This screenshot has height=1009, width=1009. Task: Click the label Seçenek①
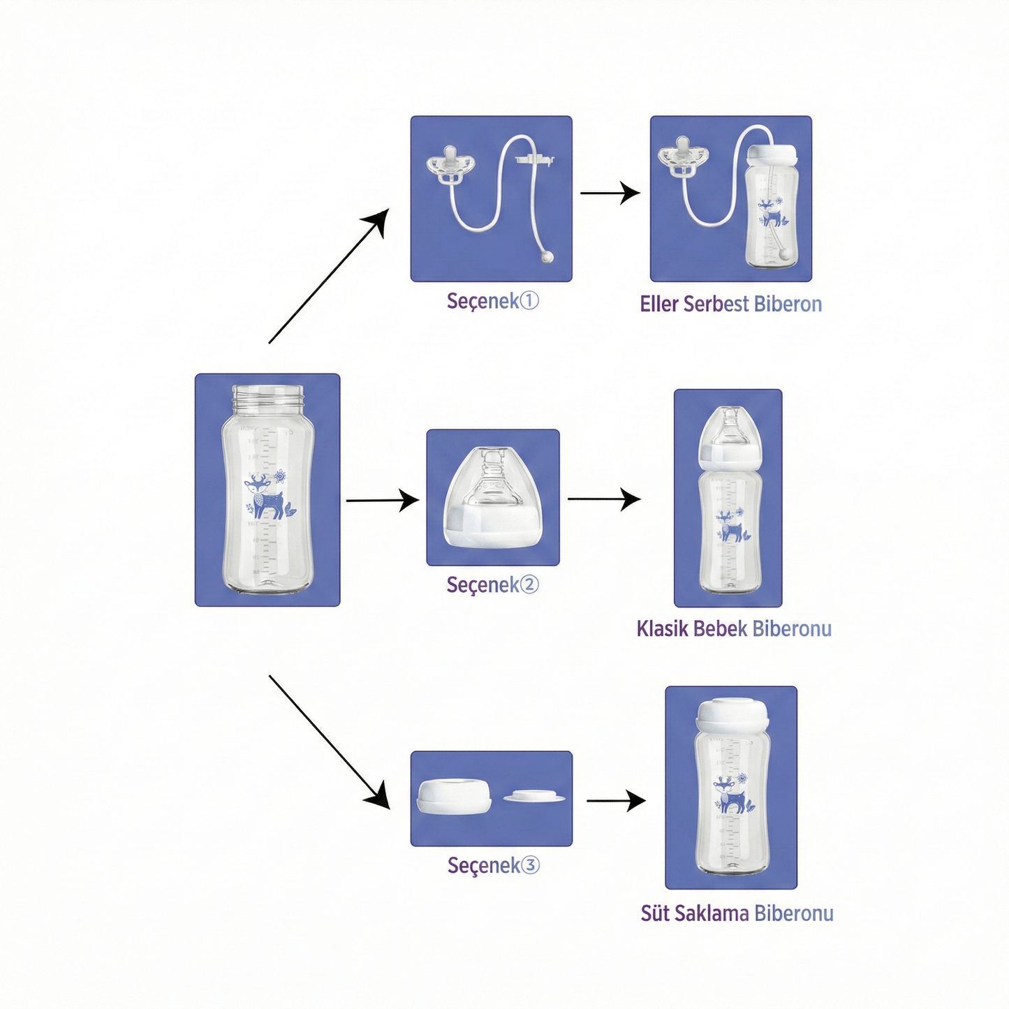point(492,301)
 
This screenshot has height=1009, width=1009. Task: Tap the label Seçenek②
point(492,584)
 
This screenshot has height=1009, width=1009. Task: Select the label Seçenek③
point(493,865)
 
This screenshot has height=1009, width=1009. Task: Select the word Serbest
point(716,304)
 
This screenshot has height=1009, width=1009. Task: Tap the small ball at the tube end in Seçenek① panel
point(547,257)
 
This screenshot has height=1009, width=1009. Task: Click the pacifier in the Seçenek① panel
point(451,167)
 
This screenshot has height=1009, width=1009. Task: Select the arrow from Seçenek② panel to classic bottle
point(603,499)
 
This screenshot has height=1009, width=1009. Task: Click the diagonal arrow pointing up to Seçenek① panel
point(327,277)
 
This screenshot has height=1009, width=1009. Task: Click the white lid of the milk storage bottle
point(732,714)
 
